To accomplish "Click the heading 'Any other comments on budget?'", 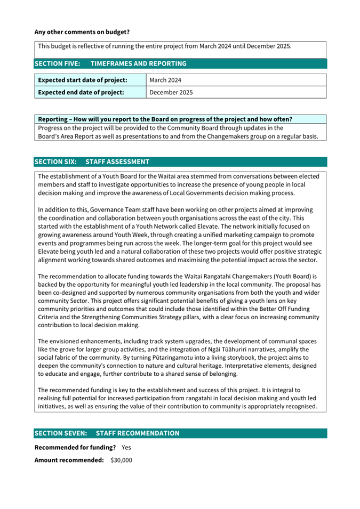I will pyautogui.click(x=82, y=32).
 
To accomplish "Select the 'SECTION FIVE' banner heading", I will pyautogui.click(x=110, y=63).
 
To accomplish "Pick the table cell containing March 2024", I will pyautogui.click(x=165, y=80).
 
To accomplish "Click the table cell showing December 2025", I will pyautogui.click(x=171, y=92).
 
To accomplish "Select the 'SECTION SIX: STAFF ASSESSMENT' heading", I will pyautogui.click(x=92, y=161).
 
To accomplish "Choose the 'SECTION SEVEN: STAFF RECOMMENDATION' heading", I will pyautogui.click(x=107, y=433).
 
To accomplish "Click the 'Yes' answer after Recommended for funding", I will pyautogui.click(x=126, y=447).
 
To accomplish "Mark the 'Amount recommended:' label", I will pyautogui.click(x=69, y=460).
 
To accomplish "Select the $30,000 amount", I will pyautogui.click(x=121, y=460).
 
